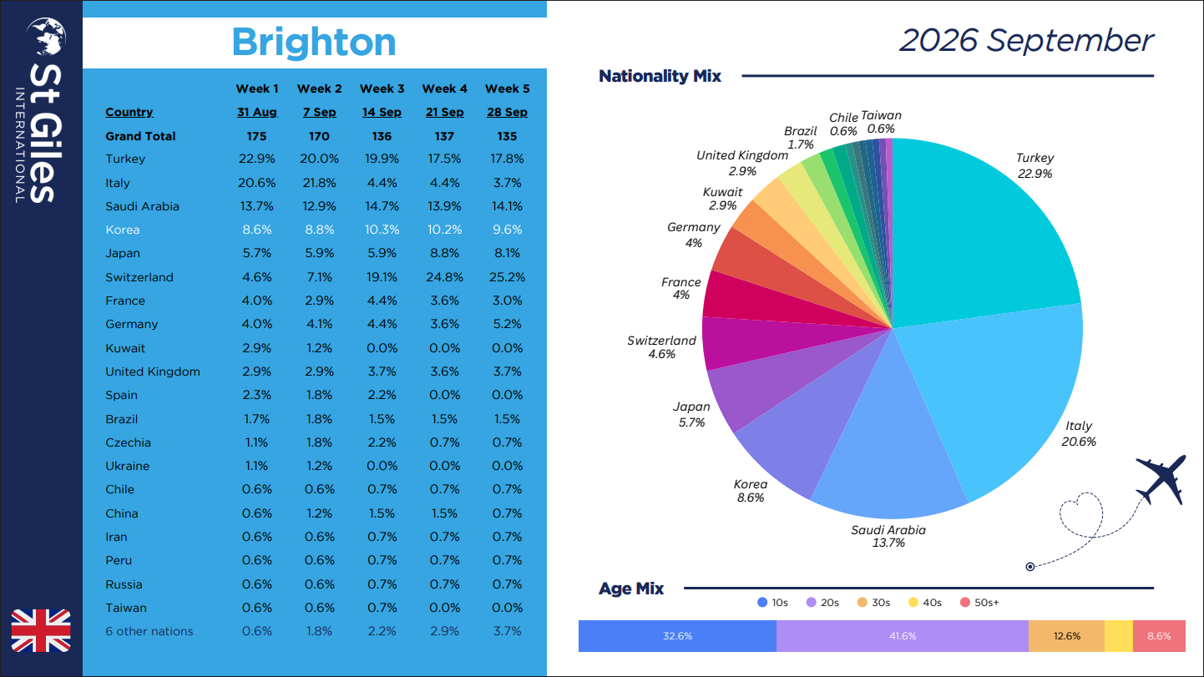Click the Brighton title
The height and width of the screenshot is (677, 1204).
[314, 43]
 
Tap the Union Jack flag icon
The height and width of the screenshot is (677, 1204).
[41, 630]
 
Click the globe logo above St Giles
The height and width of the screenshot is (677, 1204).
[47, 36]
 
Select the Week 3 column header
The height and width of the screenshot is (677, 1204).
[382, 88]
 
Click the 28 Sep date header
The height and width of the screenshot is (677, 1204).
[507, 113]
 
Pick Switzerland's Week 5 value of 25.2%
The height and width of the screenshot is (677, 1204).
[507, 277]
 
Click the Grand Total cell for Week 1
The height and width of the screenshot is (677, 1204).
[256, 136]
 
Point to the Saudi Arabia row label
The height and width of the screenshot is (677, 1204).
[142, 206]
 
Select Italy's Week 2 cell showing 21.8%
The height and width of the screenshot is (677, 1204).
[319, 183]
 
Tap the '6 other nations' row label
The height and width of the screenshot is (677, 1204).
[149, 631]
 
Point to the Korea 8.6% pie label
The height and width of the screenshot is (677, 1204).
[751, 491]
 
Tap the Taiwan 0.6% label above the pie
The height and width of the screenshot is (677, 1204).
[881, 122]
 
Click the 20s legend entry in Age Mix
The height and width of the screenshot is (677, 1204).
[822, 603]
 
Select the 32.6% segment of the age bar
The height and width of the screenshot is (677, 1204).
[677, 636]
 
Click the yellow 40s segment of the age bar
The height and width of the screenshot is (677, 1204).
[1119, 636]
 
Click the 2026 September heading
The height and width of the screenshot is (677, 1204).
[1026, 41]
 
